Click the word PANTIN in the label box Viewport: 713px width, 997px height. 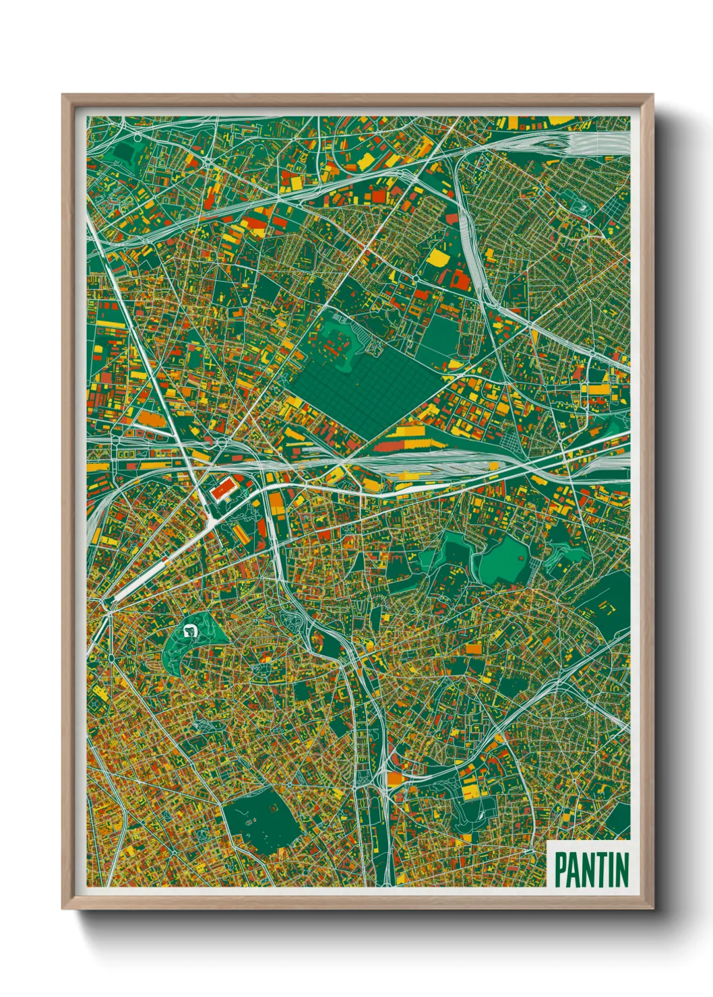click(591, 870)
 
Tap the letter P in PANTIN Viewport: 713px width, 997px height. click(561, 870)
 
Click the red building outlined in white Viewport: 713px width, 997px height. click(223, 488)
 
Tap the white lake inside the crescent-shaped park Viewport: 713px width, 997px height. click(190, 631)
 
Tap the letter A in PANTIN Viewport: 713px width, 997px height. click(573, 870)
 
